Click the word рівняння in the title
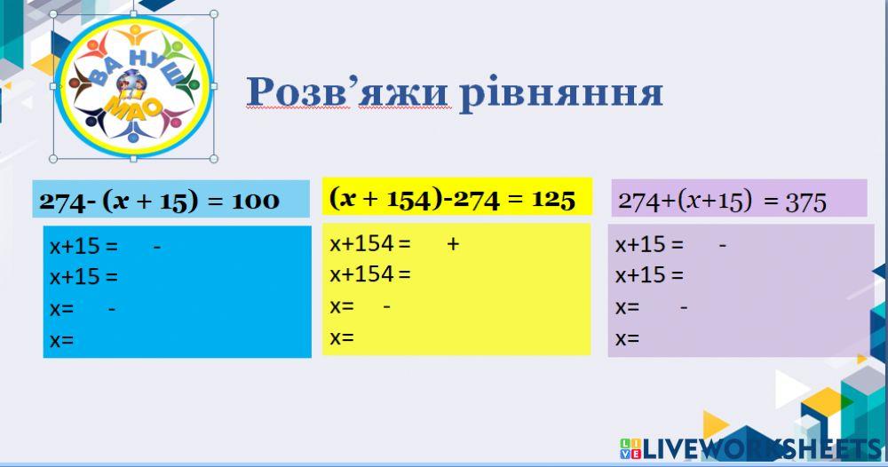tap(560, 92)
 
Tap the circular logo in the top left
tap(133, 85)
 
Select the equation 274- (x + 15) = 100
tap(159, 202)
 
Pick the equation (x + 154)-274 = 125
tap(452, 198)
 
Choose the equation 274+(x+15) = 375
tap(722, 201)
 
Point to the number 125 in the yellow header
tap(554, 199)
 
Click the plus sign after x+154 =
tap(453, 242)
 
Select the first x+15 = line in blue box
tap(83, 247)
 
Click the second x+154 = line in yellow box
tap(370, 274)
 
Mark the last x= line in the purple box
tap(627, 339)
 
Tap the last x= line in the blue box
tap(61, 340)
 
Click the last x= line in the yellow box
tap(342, 337)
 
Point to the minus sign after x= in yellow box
tap(386, 306)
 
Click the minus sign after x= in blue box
tap(111, 308)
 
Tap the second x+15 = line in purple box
tap(649, 275)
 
